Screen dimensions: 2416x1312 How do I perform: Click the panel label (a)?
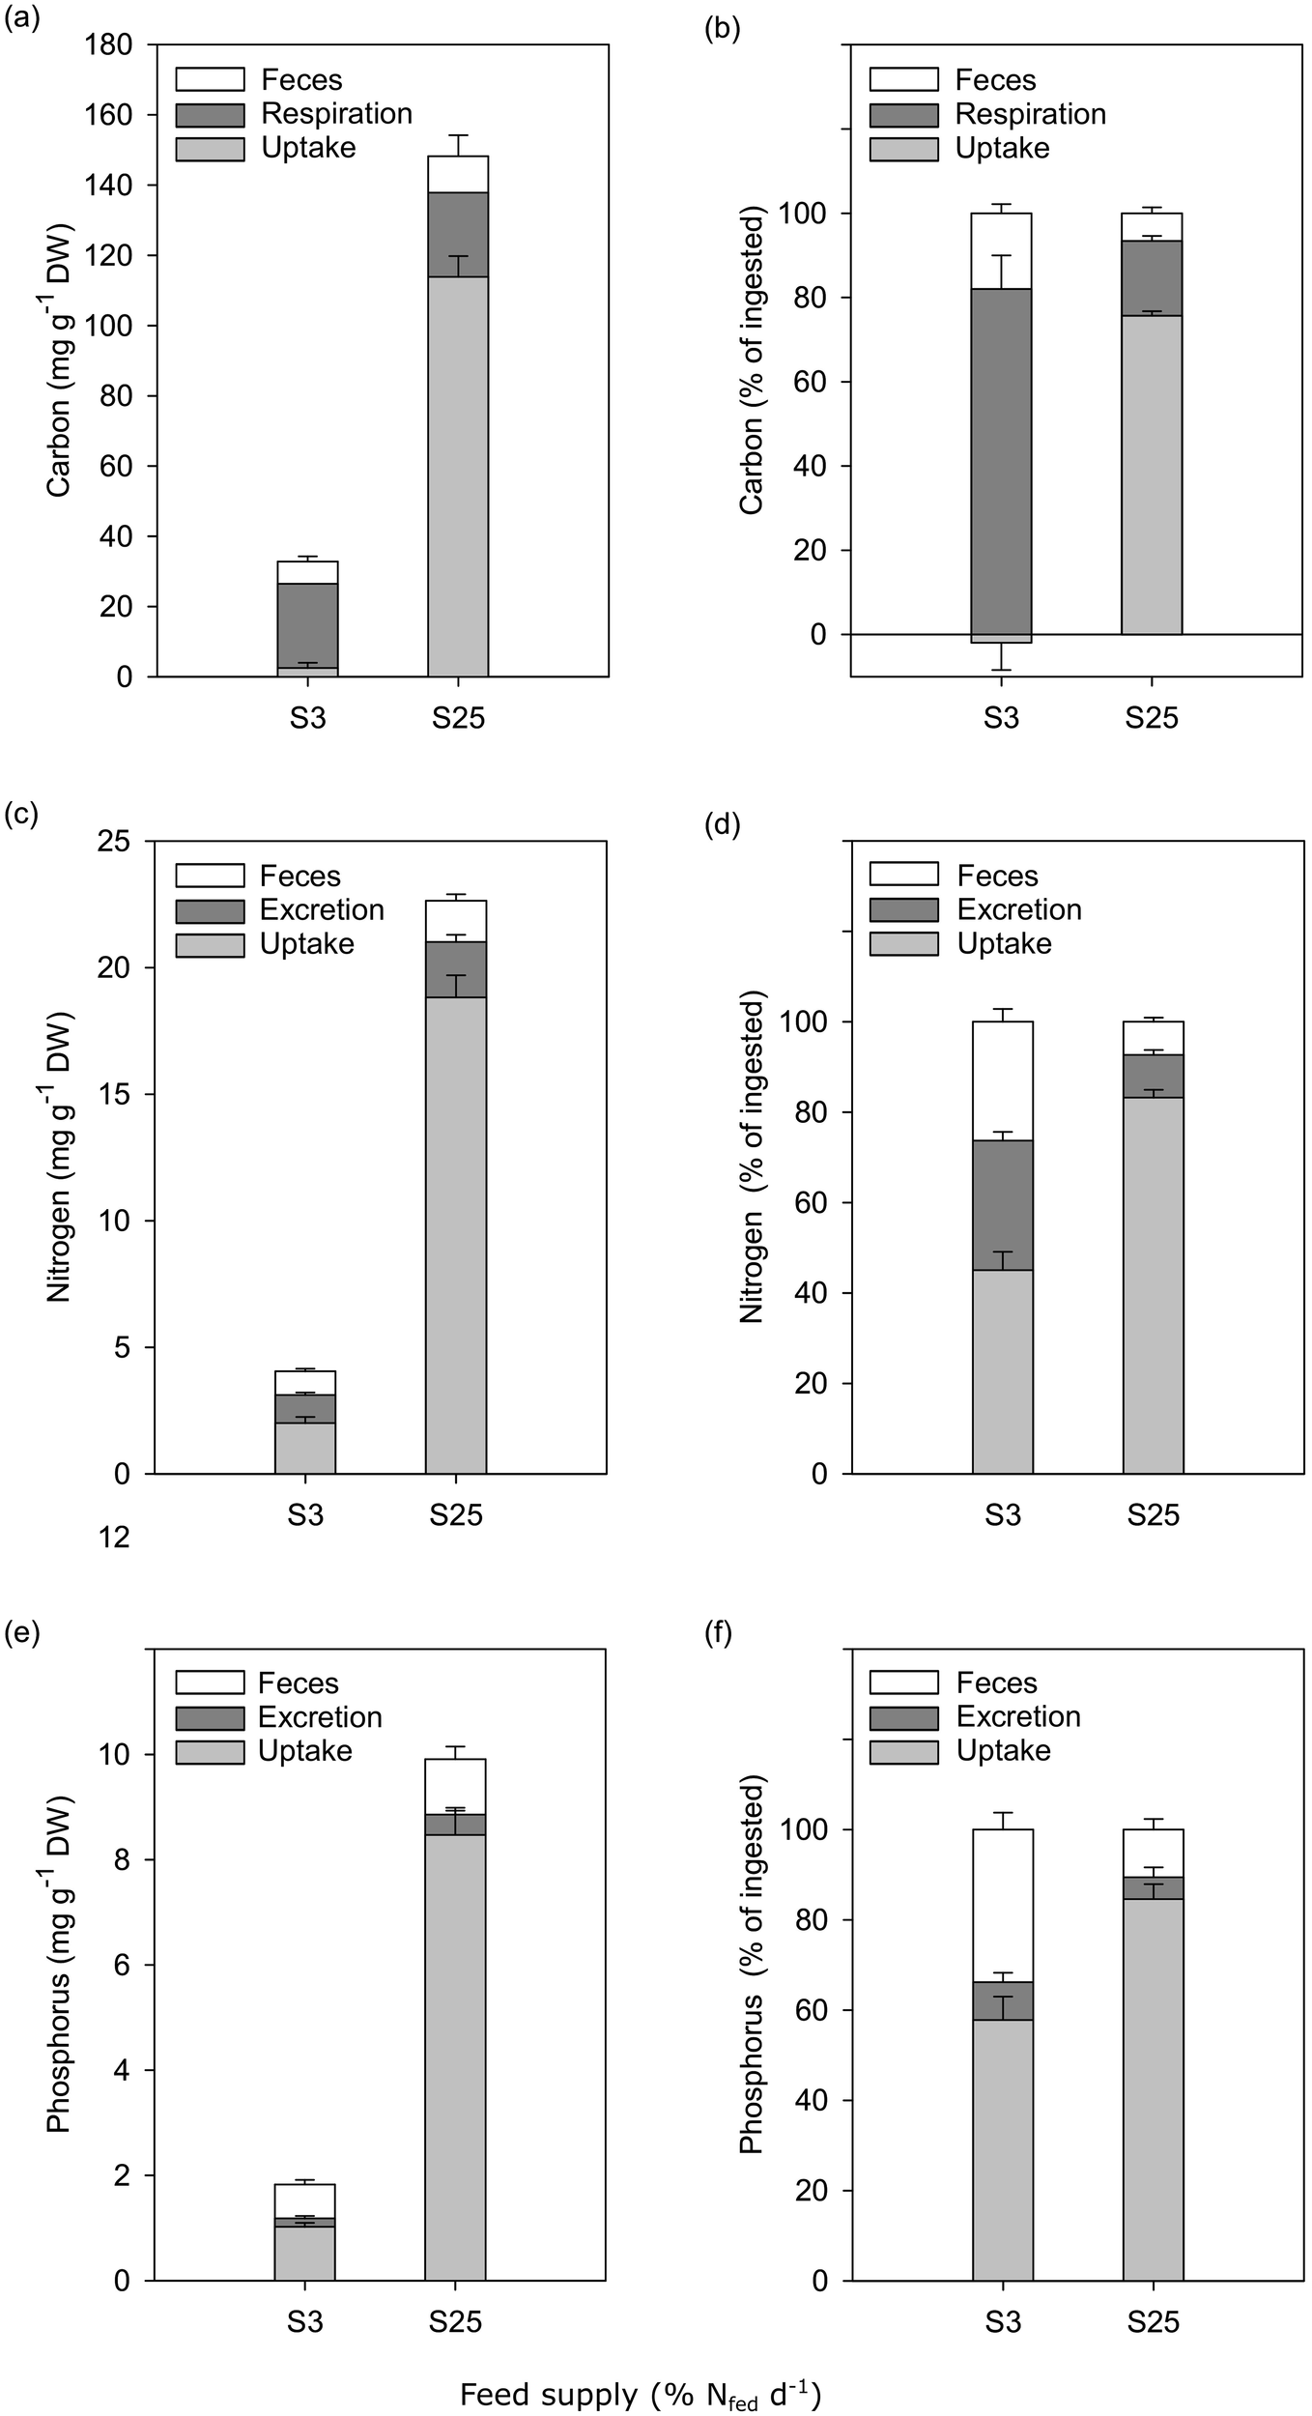(x=21, y=18)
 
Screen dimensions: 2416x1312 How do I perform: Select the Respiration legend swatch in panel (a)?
(x=210, y=115)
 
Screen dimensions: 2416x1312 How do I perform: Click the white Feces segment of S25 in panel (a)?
(x=458, y=174)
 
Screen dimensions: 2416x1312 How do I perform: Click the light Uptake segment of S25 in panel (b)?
(x=1152, y=474)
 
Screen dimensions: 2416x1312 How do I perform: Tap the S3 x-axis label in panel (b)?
(x=1001, y=718)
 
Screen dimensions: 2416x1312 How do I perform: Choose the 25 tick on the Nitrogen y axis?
(x=116, y=842)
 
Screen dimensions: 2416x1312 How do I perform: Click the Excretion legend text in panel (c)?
(x=322, y=910)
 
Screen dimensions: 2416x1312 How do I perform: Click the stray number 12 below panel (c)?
(x=114, y=1537)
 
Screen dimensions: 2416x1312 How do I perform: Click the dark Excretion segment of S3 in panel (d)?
(x=1003, y=1204)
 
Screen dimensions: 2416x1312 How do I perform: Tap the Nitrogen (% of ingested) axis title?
(x=752, y=1158)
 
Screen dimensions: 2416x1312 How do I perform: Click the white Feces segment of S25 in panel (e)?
(x=456, y=1786)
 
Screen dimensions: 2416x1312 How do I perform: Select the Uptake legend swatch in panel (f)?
(x=903, y=1751)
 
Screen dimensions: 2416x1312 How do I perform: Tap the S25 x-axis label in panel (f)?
(x=1153, y=2321)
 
